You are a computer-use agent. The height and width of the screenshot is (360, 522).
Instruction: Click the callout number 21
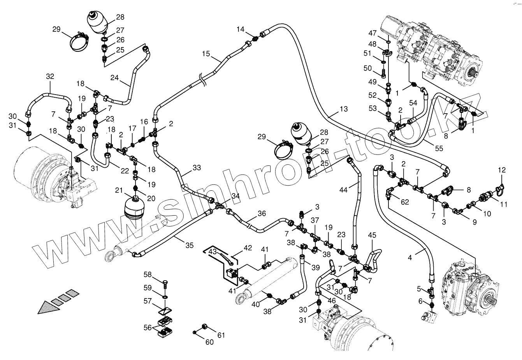119,190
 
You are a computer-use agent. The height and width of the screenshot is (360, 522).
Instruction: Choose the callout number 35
189,245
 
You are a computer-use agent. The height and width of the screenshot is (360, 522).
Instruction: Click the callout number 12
502,170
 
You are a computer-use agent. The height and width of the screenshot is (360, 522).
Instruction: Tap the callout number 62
405,202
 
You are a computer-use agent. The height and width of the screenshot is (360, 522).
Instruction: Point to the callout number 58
148,275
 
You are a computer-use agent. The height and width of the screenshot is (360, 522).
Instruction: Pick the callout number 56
147,328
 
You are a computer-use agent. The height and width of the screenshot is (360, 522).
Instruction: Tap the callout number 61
221,335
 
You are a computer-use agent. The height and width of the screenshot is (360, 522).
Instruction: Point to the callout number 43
213,252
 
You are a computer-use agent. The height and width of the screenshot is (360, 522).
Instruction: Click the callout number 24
114,78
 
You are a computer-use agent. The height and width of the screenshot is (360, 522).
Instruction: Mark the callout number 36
262,213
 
